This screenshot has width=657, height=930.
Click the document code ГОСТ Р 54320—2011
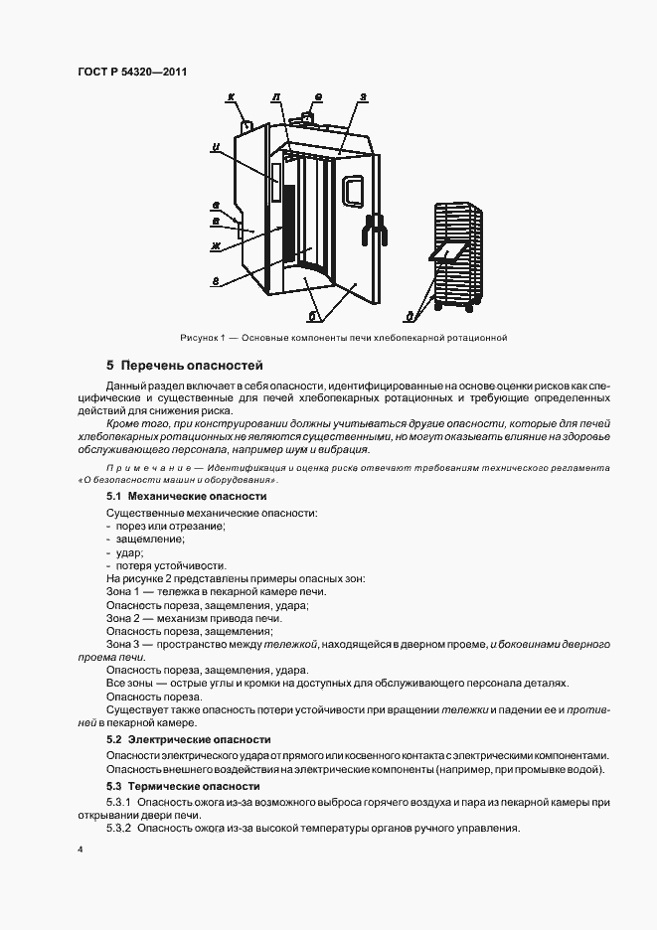click(131, 73)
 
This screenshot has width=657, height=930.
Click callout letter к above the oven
click(231, 97)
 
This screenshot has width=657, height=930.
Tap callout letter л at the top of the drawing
click(275, 97)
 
